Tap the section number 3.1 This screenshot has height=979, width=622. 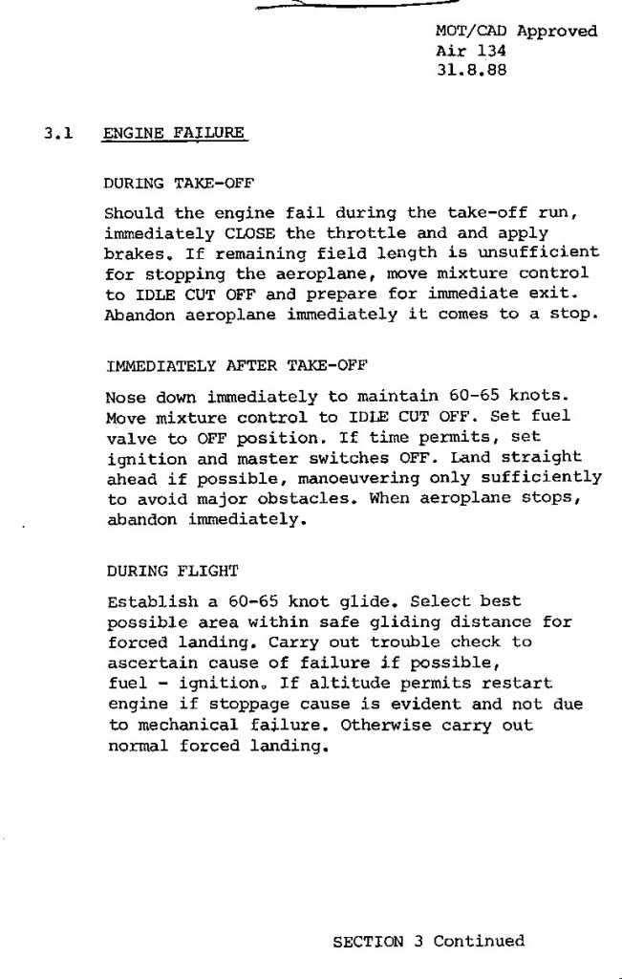pyautogui.click(x=58, y=135)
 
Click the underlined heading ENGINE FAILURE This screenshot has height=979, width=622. pyautogui.click(x=174, y=135)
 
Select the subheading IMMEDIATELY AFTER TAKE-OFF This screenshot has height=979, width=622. pyautogui.click(x=237, y=365)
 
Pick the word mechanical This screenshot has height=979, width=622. pyautogui.click(x=182, y=726)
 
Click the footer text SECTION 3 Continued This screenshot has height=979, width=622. pyautogui.click(x=428, y=942)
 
